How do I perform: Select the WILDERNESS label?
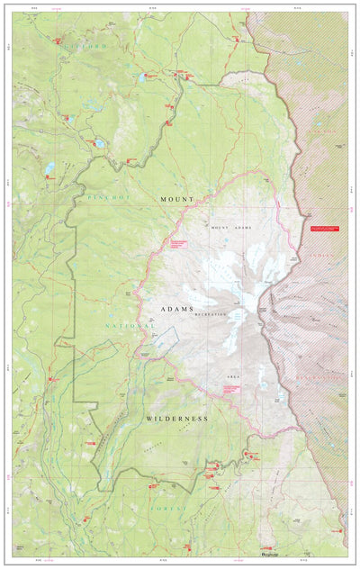[176, 419]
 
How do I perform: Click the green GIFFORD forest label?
[85, 44]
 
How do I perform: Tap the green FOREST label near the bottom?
[170, 508]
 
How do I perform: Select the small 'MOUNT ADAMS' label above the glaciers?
[233, 228]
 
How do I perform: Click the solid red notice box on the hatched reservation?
[325, 229]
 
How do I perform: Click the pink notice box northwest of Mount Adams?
[177, 244]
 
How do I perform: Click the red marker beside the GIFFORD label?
[58, 41]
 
